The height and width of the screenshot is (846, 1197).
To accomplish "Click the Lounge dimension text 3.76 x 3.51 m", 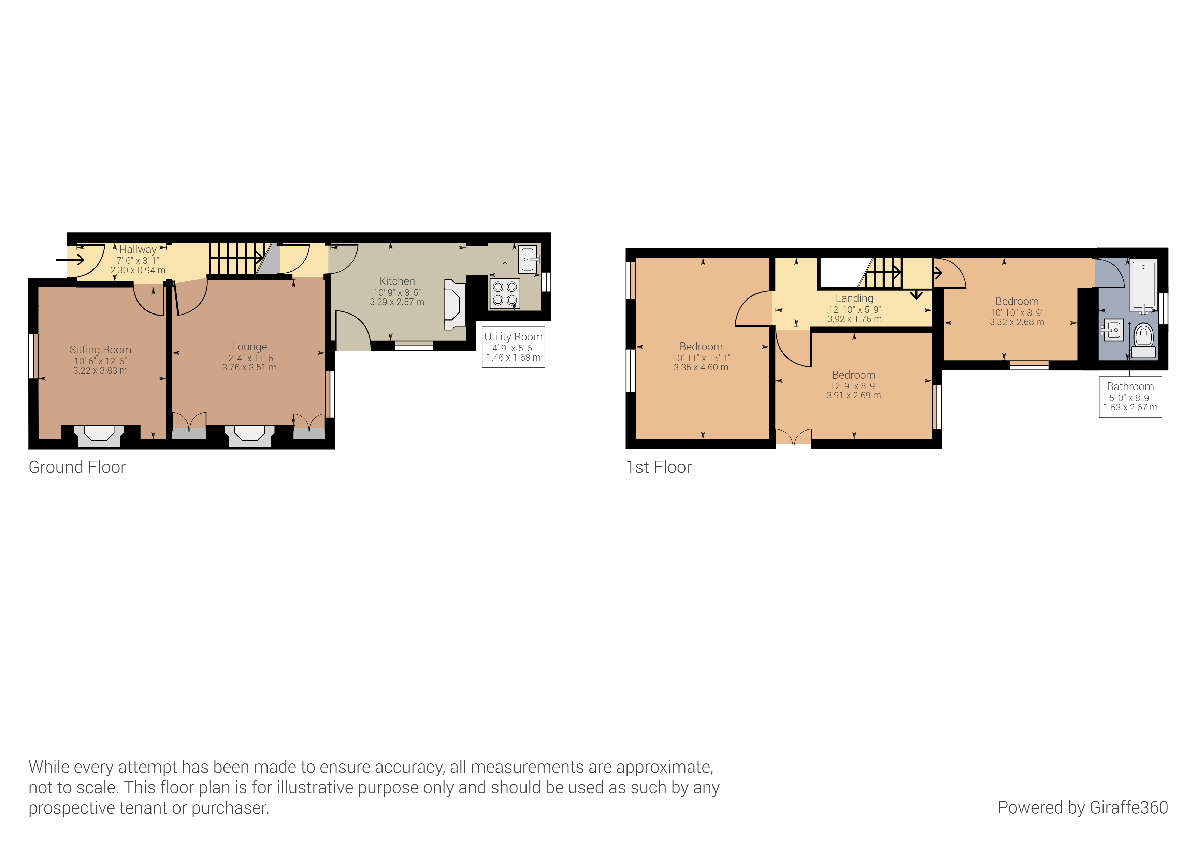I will (249, 367).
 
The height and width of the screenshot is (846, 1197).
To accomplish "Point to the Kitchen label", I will (397, 281).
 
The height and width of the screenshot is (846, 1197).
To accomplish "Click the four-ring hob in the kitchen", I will (505, 293).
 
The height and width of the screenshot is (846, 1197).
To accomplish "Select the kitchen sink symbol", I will (529, 259).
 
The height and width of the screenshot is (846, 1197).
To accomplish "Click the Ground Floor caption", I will (77, 467).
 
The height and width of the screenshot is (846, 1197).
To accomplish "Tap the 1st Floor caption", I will (659, 467).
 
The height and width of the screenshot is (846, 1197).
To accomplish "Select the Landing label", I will (854, 298).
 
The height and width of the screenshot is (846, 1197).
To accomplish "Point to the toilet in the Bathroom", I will (1143, 339).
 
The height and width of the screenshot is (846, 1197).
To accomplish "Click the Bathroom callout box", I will (1130, 397).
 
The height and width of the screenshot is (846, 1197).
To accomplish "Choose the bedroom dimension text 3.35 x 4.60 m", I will (701, 367).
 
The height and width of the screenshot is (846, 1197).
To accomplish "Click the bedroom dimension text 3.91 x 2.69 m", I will (853, 396).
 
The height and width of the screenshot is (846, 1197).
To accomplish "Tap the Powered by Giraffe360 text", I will (1082, 807).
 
